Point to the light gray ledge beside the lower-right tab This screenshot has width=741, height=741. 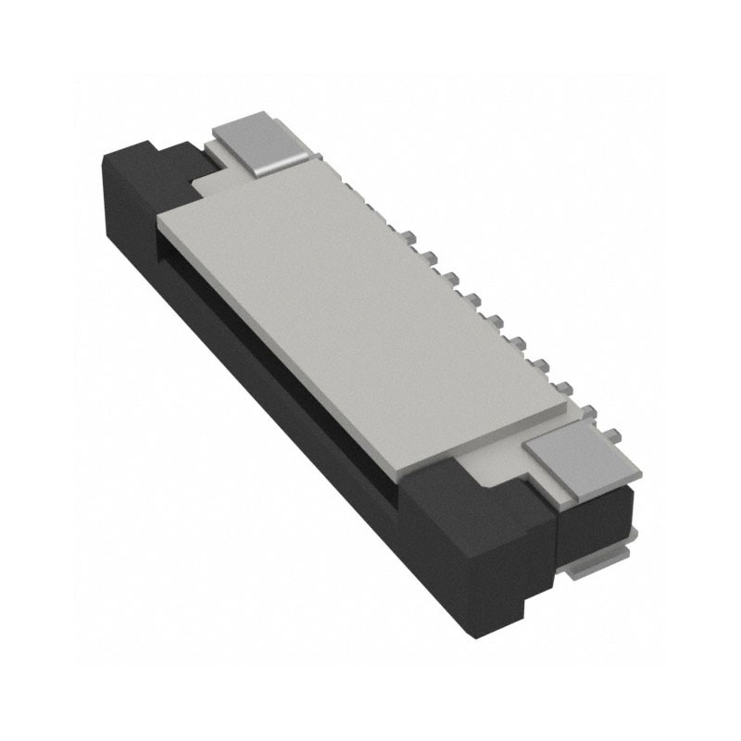coord(500,468)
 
